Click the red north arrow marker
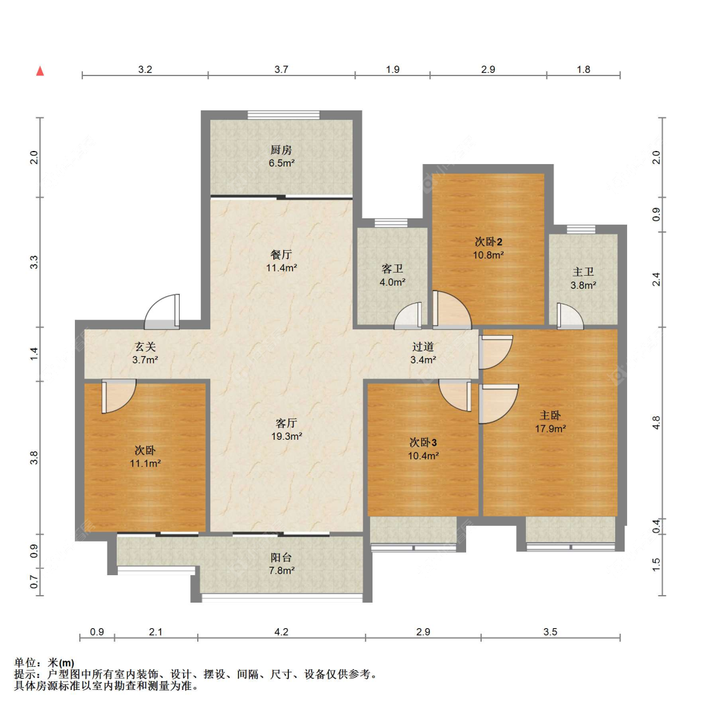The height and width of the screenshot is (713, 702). [x=40, y=70]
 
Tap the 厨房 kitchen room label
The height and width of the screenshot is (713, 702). [x=281, y=150]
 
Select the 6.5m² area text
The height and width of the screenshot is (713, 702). [x=281, y=163]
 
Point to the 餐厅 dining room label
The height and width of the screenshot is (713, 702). [x=281, y=255]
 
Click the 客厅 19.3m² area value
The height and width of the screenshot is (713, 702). [x=286, y=436]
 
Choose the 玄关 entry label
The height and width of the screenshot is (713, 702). [x=145, y=347]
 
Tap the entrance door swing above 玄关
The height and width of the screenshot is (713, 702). [x=162, y=311]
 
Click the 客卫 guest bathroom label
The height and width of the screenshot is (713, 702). [x=392, y=269]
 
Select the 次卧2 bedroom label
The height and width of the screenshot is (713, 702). [x=488, y=241]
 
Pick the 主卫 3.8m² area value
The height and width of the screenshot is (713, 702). [x=583, y=285]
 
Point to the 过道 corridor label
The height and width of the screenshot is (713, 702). [x=423, y=347]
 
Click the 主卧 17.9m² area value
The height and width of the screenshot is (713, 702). [x=550, y=429]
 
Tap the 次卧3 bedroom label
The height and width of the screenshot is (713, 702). [x=423, y=442]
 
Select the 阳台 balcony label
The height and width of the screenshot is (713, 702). [x=281, y=558]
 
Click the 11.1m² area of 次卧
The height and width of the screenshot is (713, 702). [x=145, y=463]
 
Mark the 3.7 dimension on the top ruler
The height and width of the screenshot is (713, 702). [x=281, y=69]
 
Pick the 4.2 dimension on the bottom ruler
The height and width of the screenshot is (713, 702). [x=281, y=632]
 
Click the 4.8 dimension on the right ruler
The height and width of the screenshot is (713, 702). [x=656, y=422]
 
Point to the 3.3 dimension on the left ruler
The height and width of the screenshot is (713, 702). [x=34, y=263]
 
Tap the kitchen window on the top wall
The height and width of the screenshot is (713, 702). [x=283, y=115]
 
